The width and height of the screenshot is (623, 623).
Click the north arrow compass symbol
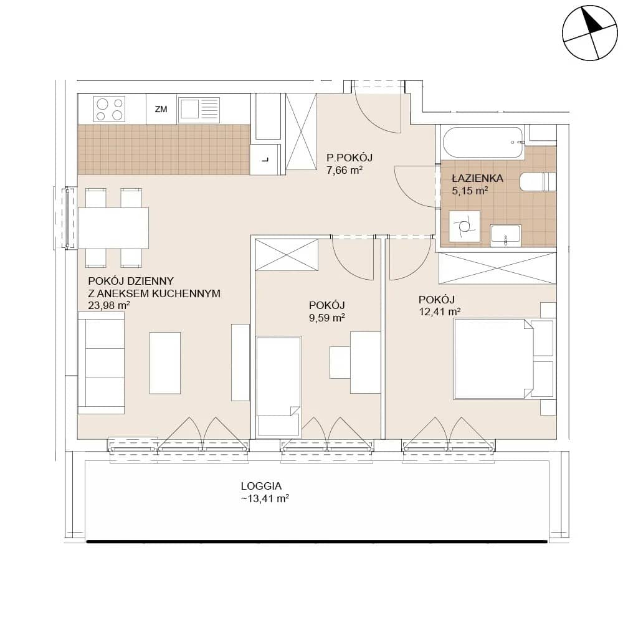coord(590,33)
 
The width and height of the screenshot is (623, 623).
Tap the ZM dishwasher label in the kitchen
coord(161,109)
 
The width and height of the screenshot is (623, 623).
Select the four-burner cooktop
coord(109,109)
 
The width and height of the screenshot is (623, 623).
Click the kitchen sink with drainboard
coord(199,109)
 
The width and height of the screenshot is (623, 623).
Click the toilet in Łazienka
coord(538,182)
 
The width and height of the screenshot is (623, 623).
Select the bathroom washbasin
coord(505,235)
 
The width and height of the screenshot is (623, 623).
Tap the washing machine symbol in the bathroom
coord(464,227)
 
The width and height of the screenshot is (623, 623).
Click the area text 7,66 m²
coord(344,171)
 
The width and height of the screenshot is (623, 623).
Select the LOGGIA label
coord(261,486)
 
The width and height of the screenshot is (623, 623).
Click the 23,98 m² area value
coord(109,305)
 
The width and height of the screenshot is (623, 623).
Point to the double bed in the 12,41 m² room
coord(503,359)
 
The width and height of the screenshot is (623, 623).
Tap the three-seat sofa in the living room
coord(101,363)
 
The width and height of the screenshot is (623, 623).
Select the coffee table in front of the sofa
coord(165,363)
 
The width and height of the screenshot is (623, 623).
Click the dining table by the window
coord(113,228)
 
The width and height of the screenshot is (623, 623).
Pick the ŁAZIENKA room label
coord(478,178)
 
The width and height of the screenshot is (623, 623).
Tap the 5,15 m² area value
coord(470,191)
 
